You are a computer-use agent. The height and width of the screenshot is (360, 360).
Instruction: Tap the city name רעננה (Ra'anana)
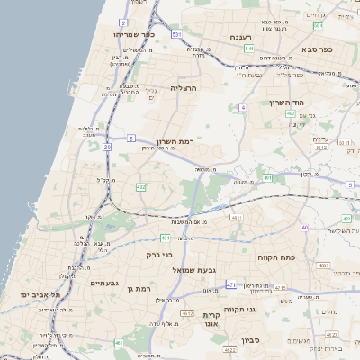[239, 37]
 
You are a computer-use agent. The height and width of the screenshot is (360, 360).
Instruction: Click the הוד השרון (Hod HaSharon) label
[288, 103]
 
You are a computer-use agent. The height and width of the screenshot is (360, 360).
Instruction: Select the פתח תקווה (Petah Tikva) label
[289, 256]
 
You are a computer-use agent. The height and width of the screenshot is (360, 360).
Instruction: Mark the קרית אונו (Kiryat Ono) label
[212, 319]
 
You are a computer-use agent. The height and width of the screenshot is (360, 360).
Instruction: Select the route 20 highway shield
[107, 146]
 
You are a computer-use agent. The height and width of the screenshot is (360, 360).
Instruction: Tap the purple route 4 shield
[243, 108]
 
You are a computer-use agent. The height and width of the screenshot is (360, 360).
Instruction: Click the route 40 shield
[305, 227]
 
